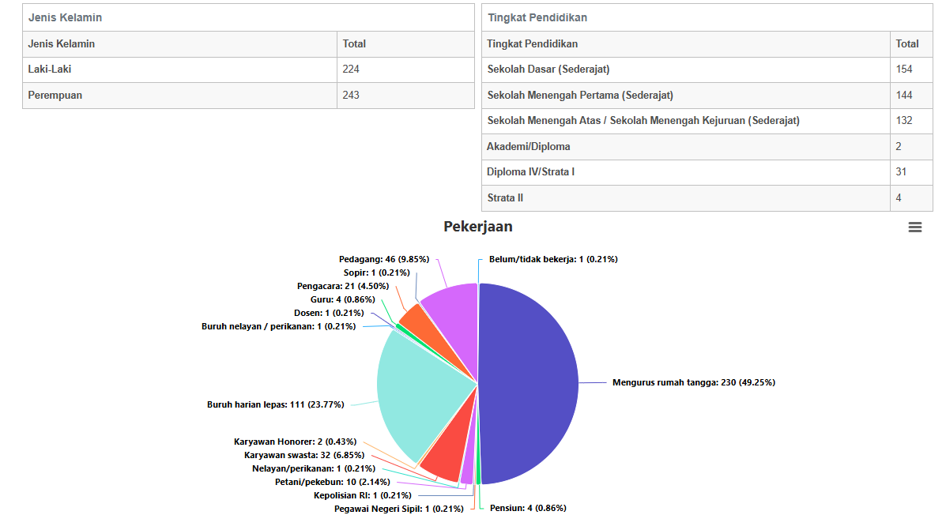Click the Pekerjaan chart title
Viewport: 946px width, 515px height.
pos(478,227)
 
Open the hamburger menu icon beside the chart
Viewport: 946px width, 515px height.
pos(914,227)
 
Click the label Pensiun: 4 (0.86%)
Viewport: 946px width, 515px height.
pos(528,509)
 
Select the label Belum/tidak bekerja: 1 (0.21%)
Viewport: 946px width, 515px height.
pos(553,259)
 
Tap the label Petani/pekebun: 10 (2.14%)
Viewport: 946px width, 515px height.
pos(333,482)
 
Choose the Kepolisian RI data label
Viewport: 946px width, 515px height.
pos(363,496)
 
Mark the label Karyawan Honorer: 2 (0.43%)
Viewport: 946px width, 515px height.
pos(295,442)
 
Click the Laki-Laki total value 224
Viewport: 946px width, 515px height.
pos(351,70)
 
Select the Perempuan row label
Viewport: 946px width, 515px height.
pos(55,96)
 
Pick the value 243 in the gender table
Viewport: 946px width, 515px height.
pos(351,96)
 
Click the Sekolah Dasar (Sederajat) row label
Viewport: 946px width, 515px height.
pos(548,70)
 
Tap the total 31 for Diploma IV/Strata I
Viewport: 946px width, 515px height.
pos(901,172)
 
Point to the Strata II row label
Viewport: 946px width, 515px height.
pos(505,197)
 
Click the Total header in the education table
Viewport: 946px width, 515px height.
pos(906,44)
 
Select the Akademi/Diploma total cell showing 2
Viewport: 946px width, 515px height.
pos(899,147)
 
